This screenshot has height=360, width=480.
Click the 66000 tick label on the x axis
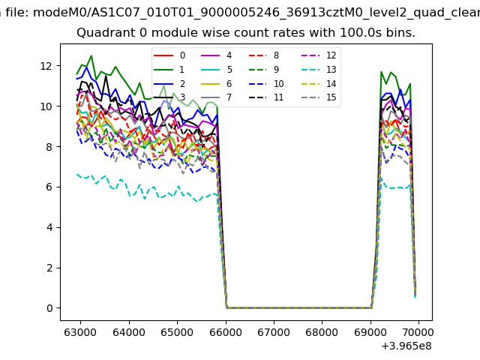click(225, 330)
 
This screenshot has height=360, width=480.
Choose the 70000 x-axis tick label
click(418, 330)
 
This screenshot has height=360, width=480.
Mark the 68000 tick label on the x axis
click(322, 330)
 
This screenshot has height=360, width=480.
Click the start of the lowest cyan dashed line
click(77, 174)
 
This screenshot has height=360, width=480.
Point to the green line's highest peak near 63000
click(91, 55)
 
